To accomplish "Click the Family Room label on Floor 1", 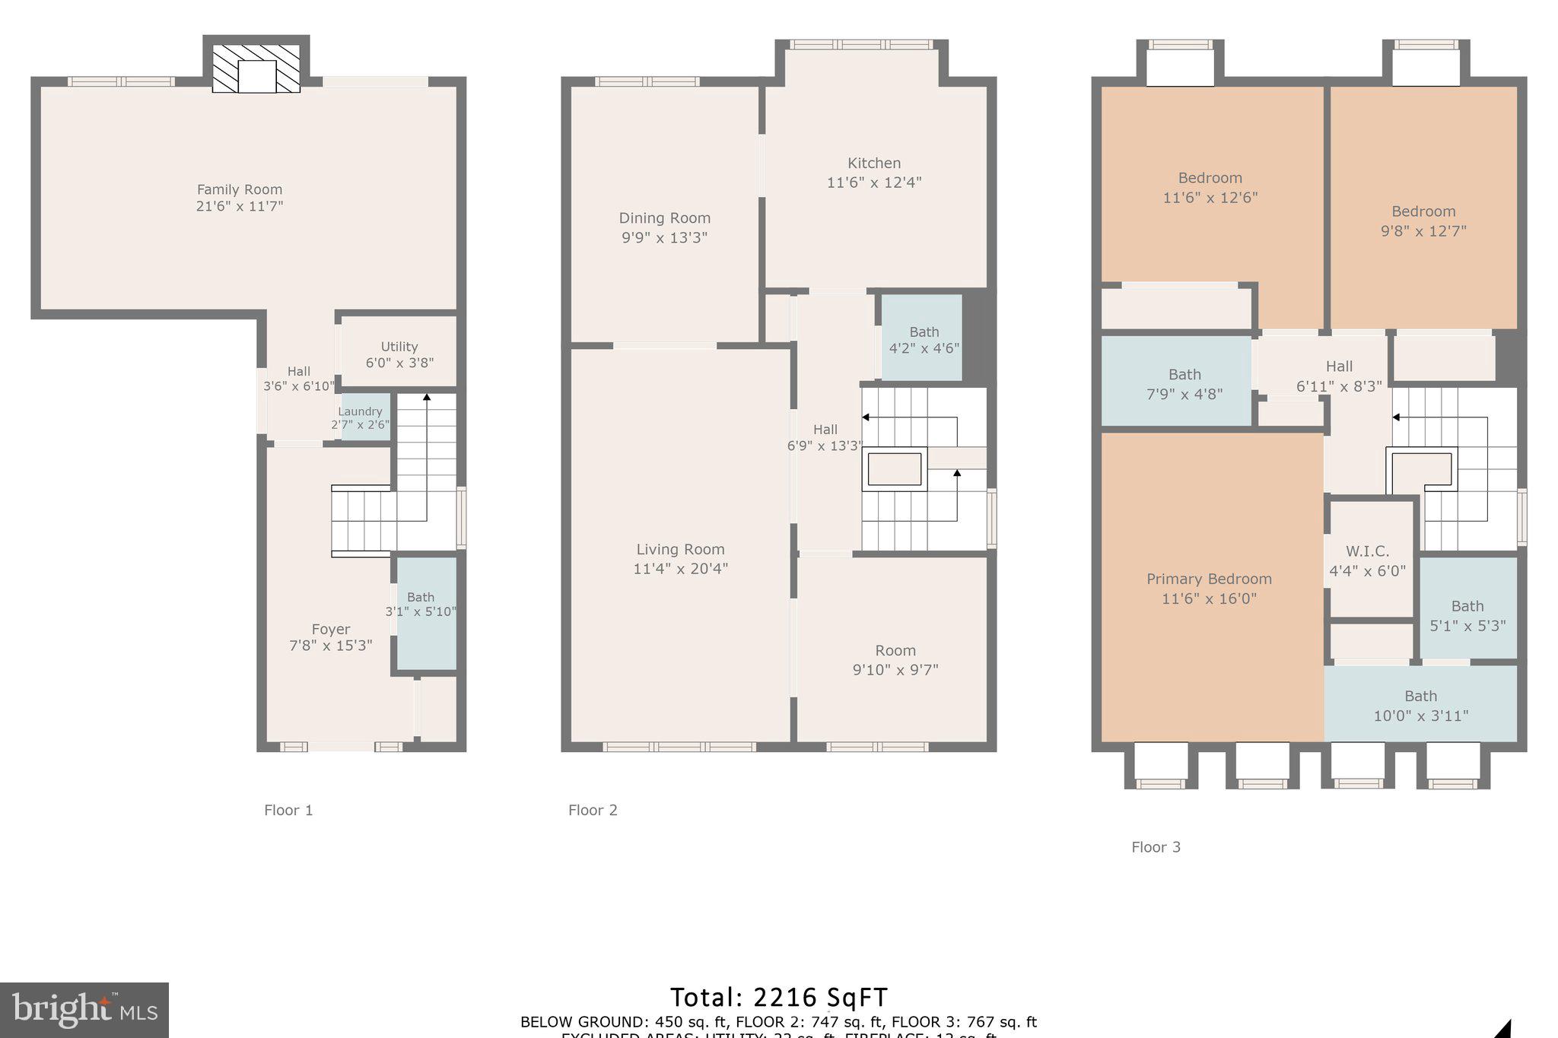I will [240, 189].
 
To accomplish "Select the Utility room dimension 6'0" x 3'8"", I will [399, 363].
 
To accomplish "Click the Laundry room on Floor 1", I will [361, 417].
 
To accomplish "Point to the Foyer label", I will [330, 629].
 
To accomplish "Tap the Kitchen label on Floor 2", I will [874, 163].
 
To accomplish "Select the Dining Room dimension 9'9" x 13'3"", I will [664, 237].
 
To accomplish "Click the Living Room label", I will [680, 549].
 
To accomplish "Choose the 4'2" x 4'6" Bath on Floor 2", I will [924, 340].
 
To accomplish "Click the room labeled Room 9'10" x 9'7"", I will [895, 659].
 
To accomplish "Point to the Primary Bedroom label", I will [1209, 579].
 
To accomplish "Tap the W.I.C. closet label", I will [1367, 551].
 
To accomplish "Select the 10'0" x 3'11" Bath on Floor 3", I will [1420, 706].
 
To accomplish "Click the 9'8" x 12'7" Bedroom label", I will [1423, 212].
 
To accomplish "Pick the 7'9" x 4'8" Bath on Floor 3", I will [1184, 383].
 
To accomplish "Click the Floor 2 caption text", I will [593, 811].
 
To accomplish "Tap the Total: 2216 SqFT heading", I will [778, 997].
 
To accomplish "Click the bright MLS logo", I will [84, 1010].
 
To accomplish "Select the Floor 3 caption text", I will [1156, 847].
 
